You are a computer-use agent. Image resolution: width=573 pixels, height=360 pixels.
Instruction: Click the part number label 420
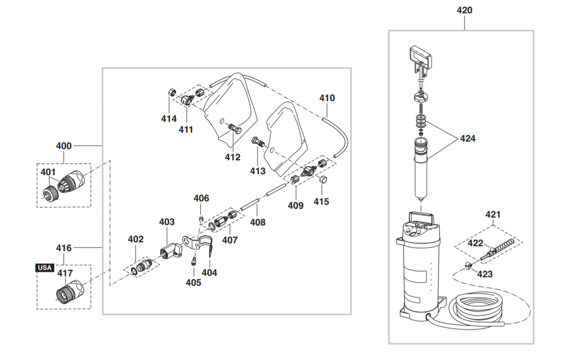pos(465,10)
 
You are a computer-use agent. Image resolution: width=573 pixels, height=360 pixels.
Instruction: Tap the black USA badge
pos(44,268)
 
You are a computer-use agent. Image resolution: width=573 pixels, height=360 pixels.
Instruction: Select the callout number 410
pos(327,98)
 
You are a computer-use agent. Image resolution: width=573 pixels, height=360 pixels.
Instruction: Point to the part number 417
pos(65,273)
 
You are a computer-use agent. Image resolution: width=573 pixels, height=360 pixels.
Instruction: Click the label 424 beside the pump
pos(467,139)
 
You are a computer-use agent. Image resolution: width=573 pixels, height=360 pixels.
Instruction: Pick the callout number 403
pos(167,222)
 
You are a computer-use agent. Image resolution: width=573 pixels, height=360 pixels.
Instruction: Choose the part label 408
pos(257,222)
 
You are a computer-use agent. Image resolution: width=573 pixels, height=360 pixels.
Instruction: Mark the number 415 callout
pos(322,202)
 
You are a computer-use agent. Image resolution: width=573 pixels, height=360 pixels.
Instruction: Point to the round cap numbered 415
pos(323,180)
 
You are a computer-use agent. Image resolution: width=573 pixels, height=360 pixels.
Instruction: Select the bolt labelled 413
pos(257,142)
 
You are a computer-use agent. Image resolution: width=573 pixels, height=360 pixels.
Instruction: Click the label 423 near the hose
pos(485,274)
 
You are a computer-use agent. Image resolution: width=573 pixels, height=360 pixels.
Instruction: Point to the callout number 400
pos(64,146)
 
